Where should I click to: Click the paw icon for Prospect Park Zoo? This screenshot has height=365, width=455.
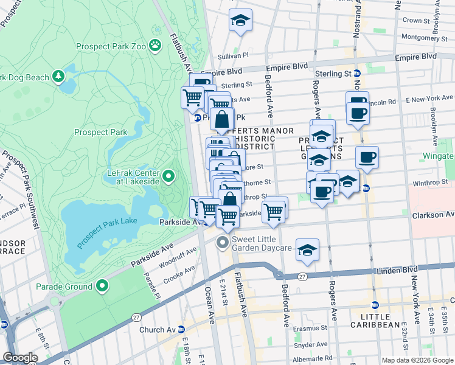tap(156, 44)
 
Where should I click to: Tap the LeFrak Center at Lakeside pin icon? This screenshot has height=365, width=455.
tap(169, 177)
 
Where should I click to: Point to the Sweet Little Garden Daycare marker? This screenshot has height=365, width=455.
tap(223, 243)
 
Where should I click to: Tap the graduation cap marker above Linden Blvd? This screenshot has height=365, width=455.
tap(307, 249)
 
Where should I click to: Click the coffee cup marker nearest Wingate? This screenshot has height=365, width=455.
tap(367, 158)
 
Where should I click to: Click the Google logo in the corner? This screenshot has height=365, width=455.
tap(20, 357)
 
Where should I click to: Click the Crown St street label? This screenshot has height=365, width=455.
tap(416, 20)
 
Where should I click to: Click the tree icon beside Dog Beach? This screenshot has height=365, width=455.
tap(58, 77)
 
